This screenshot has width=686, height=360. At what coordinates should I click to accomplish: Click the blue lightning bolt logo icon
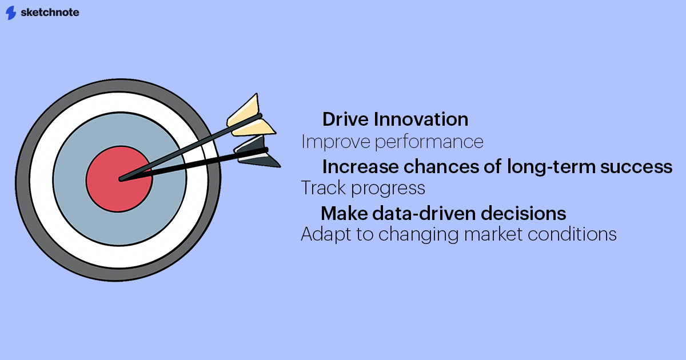[11, 13]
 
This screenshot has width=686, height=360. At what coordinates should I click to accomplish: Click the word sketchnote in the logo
[50, 12]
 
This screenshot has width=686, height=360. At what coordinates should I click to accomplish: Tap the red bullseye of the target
[119, 179]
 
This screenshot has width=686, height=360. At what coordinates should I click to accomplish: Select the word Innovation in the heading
[421, 119]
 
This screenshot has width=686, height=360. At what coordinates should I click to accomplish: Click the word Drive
[345, 119]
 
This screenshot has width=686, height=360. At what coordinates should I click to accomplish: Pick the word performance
[429, 142]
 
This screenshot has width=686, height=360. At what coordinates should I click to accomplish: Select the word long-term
[551, 167]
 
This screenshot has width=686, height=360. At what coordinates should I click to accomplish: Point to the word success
[636, 167]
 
